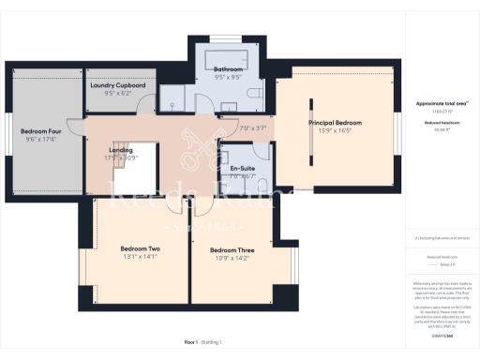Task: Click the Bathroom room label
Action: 228,70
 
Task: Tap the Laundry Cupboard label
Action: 118,85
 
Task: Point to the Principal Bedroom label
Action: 336,122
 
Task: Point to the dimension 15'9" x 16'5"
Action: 336,131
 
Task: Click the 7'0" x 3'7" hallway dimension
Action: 254,127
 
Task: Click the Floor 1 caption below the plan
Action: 195,343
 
